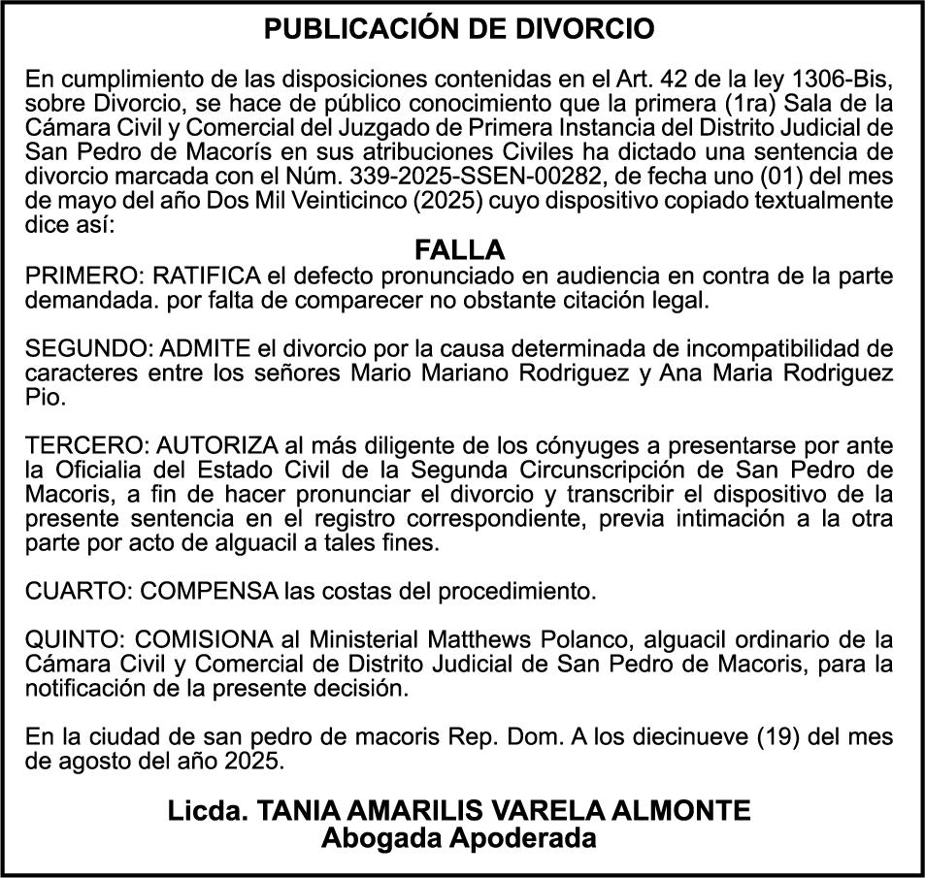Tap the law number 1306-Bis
click(x=840, y=78)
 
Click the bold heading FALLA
click(x=460, y=249)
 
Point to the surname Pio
click(x=42, y=398)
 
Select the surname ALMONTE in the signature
click(x=687, y=810)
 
